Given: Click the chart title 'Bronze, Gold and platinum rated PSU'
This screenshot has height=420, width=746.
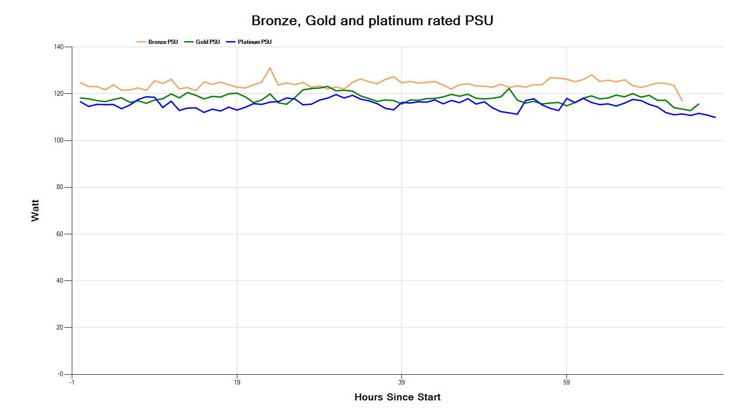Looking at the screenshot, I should (372, 21).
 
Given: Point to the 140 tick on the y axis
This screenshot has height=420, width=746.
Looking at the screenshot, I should (59, 47).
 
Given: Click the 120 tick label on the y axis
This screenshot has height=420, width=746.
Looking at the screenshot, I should (59, 93).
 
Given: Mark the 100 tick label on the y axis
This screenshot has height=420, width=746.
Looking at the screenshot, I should (59, 140).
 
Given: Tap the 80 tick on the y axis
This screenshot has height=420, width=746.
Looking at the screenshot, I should (60, 187).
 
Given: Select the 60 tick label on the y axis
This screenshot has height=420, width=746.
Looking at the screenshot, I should (60, 234).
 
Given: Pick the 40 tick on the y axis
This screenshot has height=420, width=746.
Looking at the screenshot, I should (60, 280).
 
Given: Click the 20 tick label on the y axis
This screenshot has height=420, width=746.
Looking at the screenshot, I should (60, 327).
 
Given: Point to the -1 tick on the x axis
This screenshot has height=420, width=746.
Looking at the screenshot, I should (72, 382).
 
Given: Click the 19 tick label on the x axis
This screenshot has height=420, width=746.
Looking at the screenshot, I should (237, 382).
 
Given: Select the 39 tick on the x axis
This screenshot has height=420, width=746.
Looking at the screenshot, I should (401, 382).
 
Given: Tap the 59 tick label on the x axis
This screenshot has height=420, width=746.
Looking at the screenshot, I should (566, 382).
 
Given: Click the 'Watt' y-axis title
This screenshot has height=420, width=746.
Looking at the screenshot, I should (35, 210).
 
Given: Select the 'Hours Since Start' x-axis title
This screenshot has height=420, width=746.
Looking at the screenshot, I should (397, 397).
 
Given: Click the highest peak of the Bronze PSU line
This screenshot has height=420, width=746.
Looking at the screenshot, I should (270, 68).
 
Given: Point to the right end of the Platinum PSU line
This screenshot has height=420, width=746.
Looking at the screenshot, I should (715, 117).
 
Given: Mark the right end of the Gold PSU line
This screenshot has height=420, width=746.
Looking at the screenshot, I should (698, 104).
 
